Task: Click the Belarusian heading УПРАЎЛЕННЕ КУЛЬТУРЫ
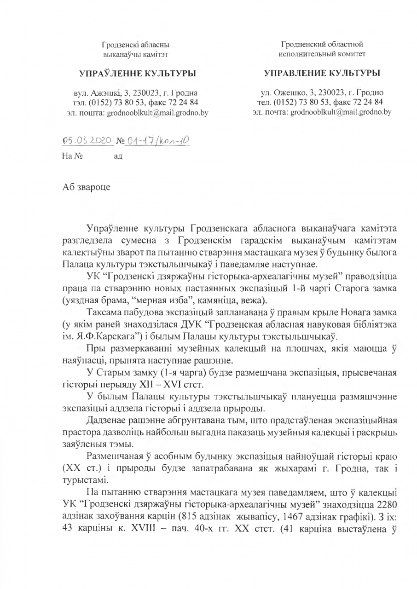[134, 73]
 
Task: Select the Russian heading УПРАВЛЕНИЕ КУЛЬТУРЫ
[322, 73]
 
